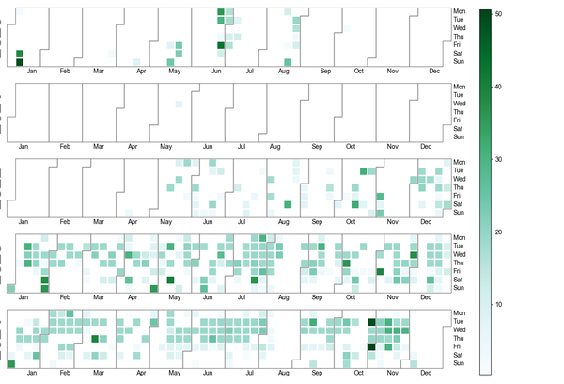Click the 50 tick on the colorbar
click(x=498, y=14)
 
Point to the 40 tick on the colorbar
click(x=498, y=87)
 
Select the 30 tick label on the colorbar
click(x=498, y=159)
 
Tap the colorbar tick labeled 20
click(x=498, y=232)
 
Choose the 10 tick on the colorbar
click(x=498, y=304)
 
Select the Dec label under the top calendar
click(x=433, y=71)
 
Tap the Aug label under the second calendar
click(x=274, y=147)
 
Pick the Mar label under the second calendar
click(x=99, y=147)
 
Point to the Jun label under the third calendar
click(x=218, y=222)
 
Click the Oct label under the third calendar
click(x=351, y=222)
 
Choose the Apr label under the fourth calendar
click(x=140, y=297)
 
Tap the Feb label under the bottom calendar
click(x=64, y=373)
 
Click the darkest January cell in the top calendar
click(x=19, y=62)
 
